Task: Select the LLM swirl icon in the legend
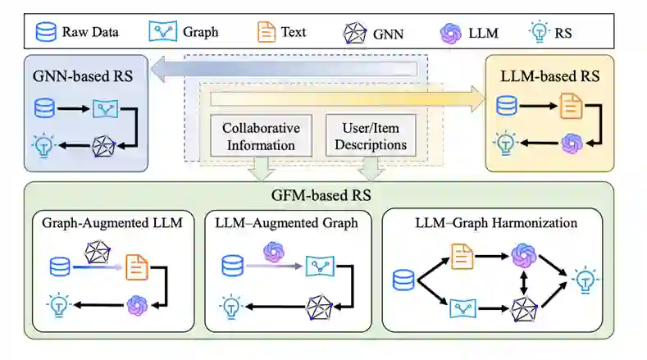450,33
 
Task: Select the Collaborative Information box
261,136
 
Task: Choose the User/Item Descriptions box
367,136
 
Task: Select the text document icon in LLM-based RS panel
572,106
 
